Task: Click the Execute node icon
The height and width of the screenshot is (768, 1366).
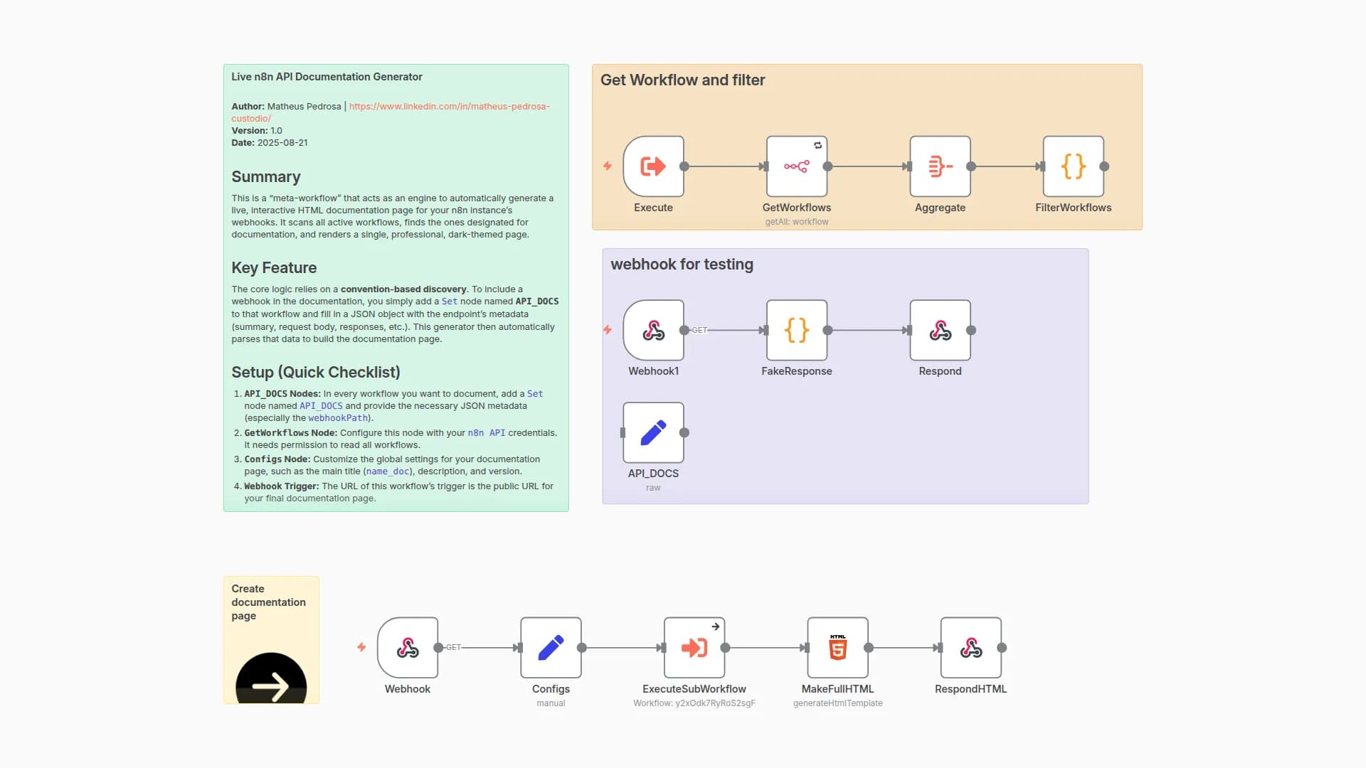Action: click(653, 166)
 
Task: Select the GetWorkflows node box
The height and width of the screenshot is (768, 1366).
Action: click(796, 166)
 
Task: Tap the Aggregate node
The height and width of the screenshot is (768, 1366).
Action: click(940, 166)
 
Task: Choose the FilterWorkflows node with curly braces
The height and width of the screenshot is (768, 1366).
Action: click(1073, 166)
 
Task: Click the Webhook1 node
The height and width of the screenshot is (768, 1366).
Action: click(653, 330)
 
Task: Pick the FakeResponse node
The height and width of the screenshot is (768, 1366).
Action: click(796, 330)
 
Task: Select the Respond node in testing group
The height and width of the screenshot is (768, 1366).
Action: click(940, 330)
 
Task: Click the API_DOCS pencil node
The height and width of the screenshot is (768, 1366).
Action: click(653, 432)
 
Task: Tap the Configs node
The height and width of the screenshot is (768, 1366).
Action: click(551, 648)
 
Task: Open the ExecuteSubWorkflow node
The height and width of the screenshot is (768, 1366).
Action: click(694, 648)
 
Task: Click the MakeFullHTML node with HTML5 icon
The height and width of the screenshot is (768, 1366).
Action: click(837, 648)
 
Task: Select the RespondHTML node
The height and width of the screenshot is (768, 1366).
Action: click(970, 648)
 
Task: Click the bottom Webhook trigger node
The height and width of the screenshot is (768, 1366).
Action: click(408, 648)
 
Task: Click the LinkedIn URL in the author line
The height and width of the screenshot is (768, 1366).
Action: click(449, 107)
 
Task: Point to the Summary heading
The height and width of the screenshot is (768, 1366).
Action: click(266, 177)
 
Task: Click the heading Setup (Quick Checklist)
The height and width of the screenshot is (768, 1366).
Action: click(316, 373)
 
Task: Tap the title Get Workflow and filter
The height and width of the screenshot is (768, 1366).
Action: click(682, 80)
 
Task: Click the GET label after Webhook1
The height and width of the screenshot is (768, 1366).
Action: click(699, 330)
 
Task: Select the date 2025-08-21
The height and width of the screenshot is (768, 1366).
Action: click(282, 143)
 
